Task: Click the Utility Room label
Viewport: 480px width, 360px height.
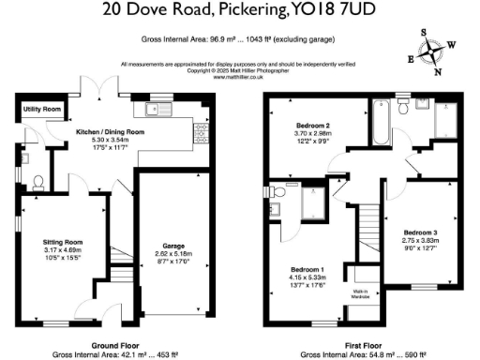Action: [x=42, y=110]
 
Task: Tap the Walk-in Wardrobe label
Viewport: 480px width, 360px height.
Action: [x=362, y=292]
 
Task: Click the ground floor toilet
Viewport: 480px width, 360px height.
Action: [x=37, y=182]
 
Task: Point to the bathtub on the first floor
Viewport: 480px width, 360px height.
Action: [x=379, y=116]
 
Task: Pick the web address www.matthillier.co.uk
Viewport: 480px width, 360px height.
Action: [x=240, y=76]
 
